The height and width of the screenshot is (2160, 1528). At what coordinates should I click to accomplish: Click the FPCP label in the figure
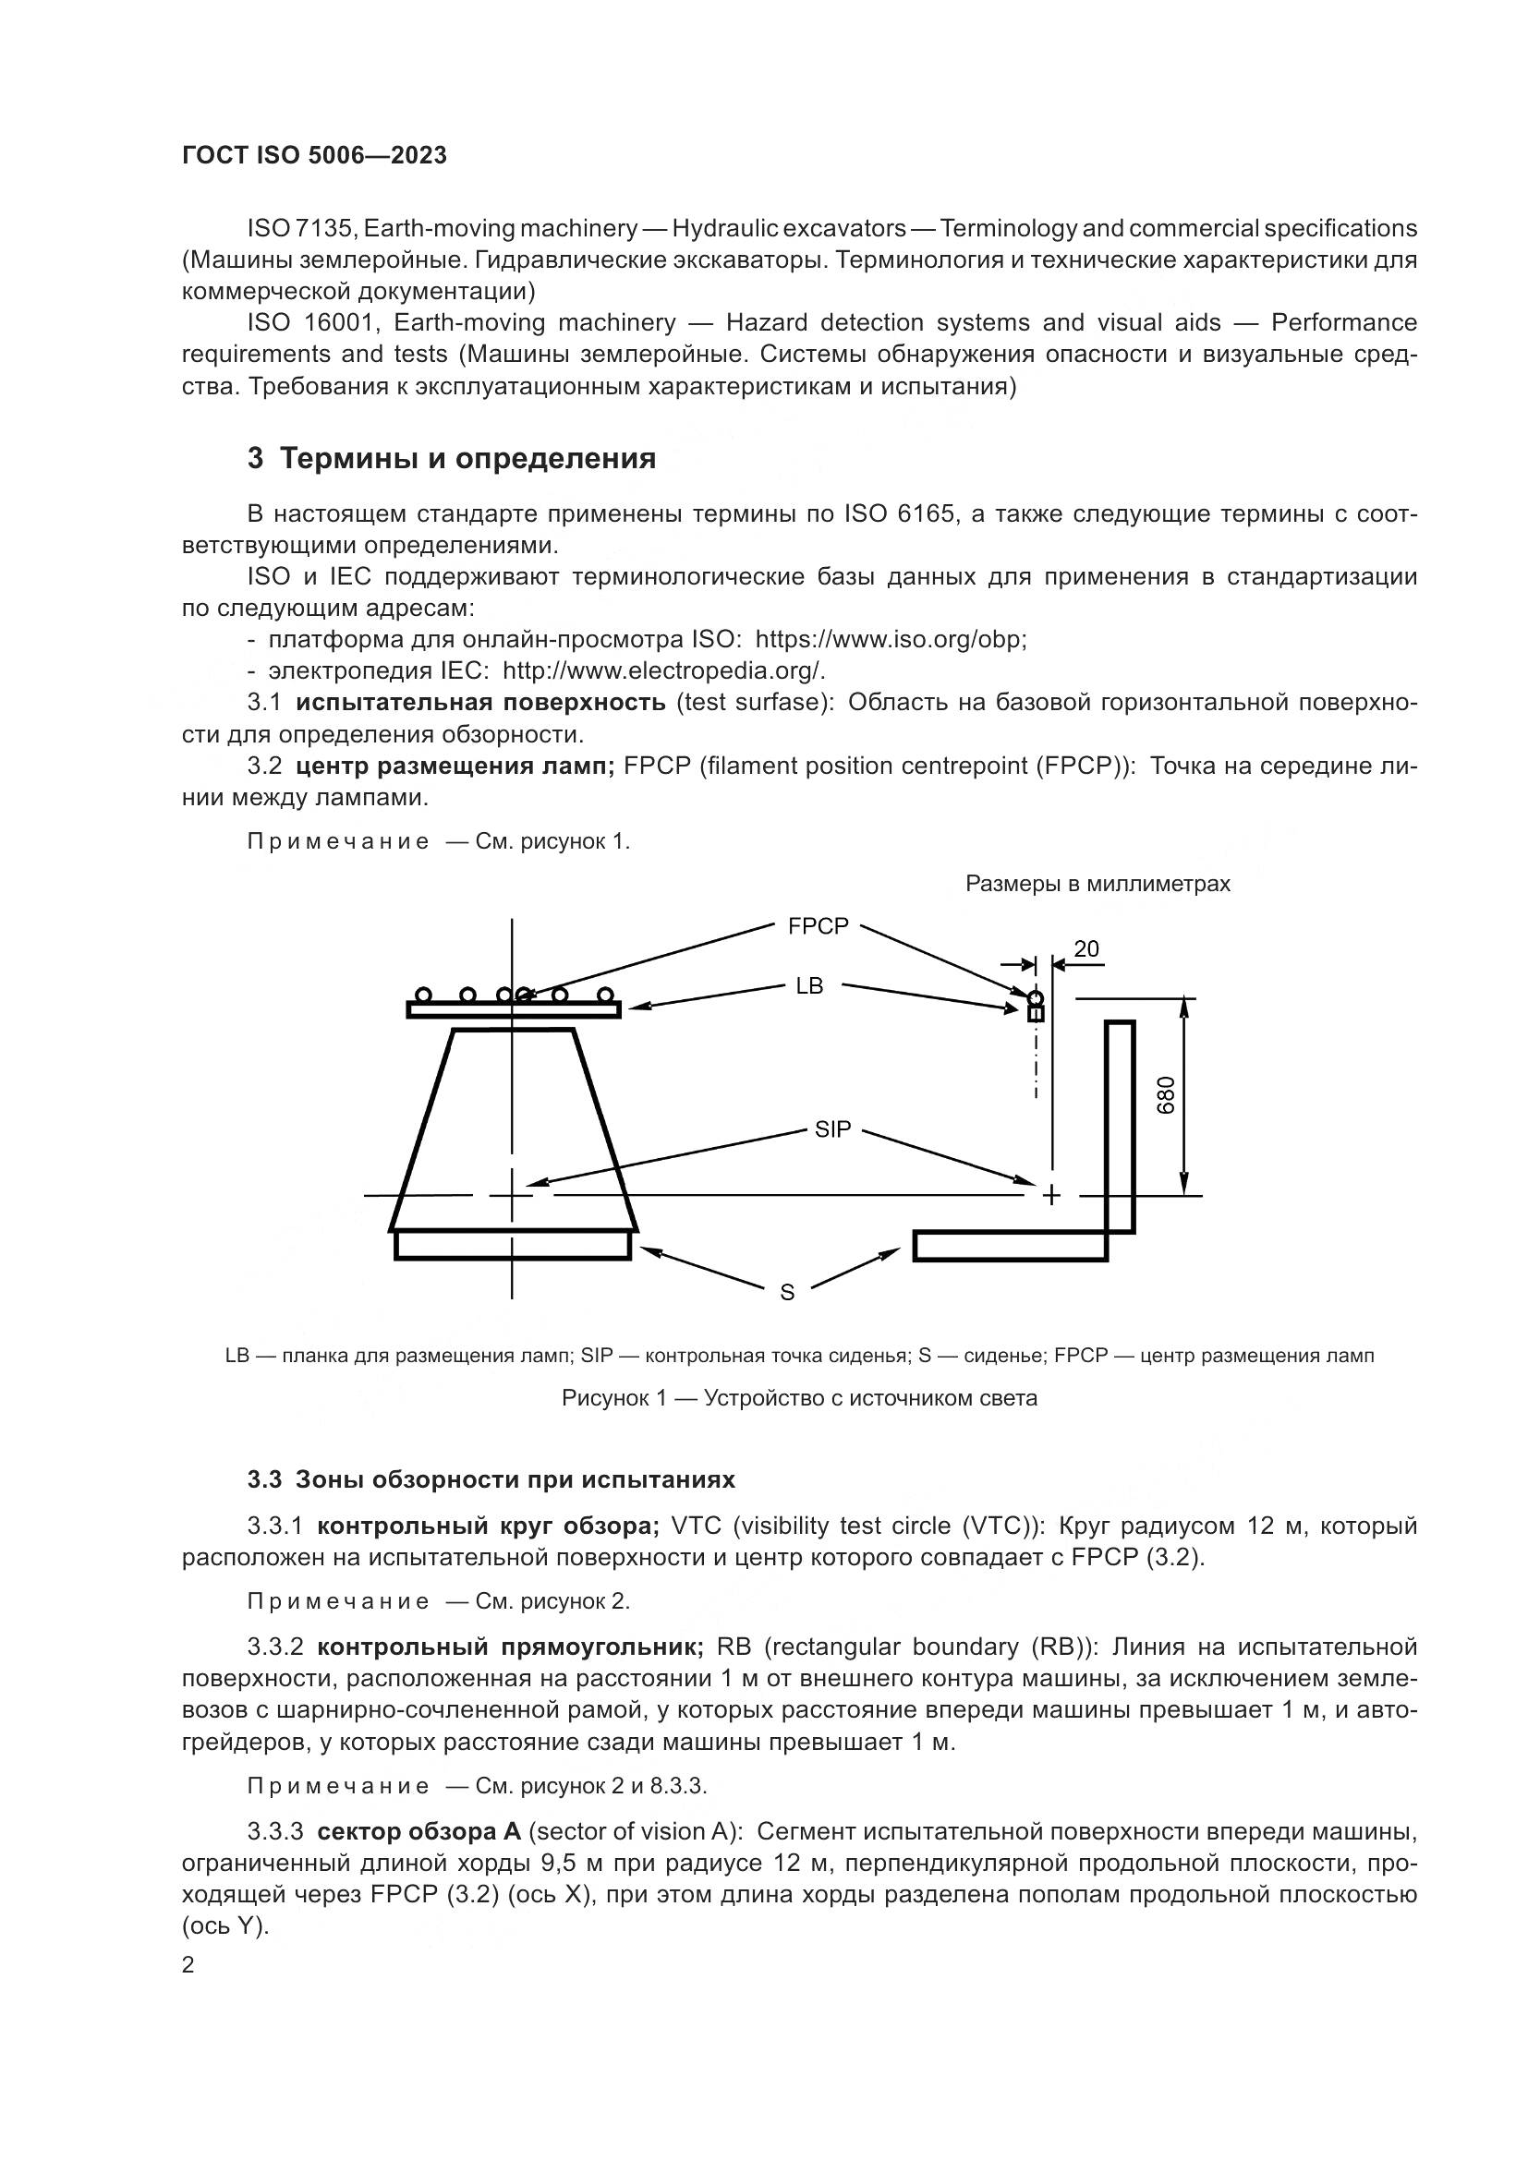click(x=818, y=926)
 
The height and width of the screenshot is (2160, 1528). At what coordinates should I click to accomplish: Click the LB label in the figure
click(x=809, y=986)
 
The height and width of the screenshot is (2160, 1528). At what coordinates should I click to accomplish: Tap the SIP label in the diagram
click(x=832, y=1129)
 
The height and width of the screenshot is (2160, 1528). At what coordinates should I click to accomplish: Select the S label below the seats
click(x=787, y=1293)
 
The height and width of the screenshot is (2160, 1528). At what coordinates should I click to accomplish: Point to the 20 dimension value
click(x=1085, y=949)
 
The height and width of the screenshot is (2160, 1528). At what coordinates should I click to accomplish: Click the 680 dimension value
click(x=1166, y=1096)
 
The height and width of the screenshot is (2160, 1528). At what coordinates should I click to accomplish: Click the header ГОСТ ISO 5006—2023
click(x=314, y=156)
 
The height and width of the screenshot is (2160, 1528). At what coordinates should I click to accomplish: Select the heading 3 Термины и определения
click(x=452, y=459)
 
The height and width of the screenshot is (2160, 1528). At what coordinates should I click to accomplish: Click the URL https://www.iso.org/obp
click(x=889, y=640)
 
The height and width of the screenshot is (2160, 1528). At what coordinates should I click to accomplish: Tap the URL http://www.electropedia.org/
click(x=663, y=670)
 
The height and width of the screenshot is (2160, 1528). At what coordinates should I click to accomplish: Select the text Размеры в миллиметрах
click(x=1097, y=885)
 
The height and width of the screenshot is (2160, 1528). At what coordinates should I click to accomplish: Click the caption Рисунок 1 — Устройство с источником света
click(x=799, y=1398)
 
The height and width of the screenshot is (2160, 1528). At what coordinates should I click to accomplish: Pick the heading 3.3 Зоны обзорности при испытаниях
click(x=491, y=1479)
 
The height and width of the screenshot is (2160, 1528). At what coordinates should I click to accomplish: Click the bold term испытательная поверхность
click(x=479, y=703)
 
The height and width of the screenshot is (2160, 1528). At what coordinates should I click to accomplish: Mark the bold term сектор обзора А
click(x=418, y=1831)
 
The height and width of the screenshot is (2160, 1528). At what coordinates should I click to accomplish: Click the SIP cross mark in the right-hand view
click(x=1051, y=1196)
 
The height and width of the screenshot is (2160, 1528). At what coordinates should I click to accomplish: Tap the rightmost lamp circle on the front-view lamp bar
click(x=605, y=995)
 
